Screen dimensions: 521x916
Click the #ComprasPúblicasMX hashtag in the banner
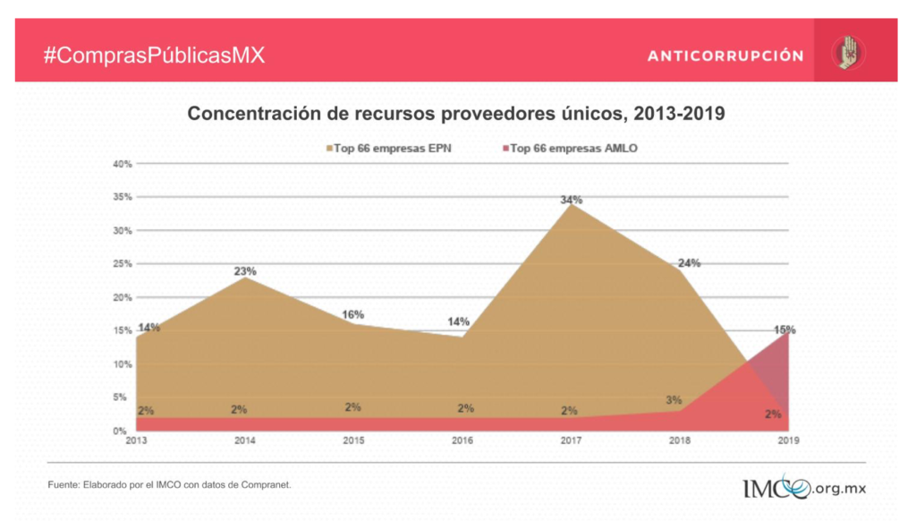155,55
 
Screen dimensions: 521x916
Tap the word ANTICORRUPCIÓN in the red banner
725,56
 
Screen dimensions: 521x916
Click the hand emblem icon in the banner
845,53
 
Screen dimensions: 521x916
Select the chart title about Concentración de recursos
455,114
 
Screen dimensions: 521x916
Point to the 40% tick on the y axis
123,164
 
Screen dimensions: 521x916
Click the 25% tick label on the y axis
123,264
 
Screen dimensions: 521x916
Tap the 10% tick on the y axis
123,364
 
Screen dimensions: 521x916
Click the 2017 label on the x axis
570,440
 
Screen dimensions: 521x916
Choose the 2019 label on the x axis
788,440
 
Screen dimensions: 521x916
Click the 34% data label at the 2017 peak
572,200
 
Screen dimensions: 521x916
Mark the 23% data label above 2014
245,271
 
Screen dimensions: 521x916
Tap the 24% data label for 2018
689,263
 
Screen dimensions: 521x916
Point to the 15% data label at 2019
785,330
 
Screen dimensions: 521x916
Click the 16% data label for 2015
353,315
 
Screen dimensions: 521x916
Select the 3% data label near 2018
674,400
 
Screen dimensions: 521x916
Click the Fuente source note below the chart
169,484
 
